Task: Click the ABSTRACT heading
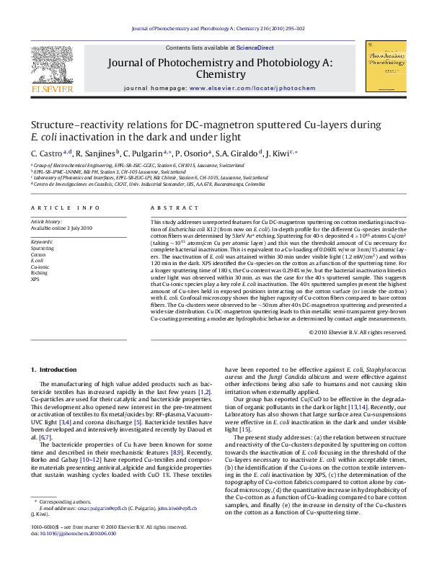coord(169,207)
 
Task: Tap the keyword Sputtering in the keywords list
coord(42,248)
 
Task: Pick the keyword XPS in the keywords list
coord(35,278)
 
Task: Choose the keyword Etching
coord(39,272)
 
